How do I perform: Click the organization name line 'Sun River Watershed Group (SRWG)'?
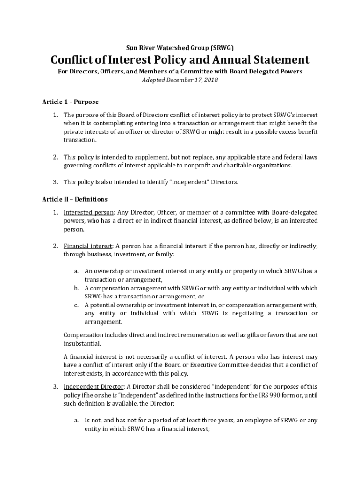point(180,48)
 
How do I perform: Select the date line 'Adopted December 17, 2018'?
point(180,80)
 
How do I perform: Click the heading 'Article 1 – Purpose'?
point(70,102)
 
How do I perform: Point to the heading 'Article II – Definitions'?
point(75,199)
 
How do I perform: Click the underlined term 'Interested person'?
point(88,212)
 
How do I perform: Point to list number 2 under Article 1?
point(55,157)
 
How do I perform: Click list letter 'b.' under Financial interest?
point(76,288)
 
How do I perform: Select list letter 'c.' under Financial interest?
point(76,305)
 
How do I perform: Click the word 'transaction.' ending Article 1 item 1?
point(80,140)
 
